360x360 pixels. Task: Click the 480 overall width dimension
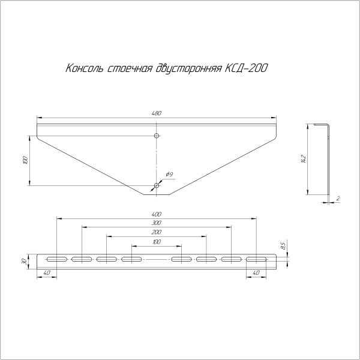click(157, 113)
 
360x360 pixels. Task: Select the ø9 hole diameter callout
click(169, 175)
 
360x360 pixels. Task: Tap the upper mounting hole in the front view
click(157, 136)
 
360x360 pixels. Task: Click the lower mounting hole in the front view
click(157, 185)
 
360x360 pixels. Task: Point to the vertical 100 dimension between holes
click(25, 160)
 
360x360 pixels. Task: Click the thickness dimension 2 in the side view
click(338, 198)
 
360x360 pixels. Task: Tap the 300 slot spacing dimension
click(157, 223)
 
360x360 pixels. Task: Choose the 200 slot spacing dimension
click(157, 232)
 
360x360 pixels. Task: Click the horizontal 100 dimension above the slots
click(157, 241)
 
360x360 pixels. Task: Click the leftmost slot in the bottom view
click(55, 259)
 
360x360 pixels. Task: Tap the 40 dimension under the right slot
click(256, 274)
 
